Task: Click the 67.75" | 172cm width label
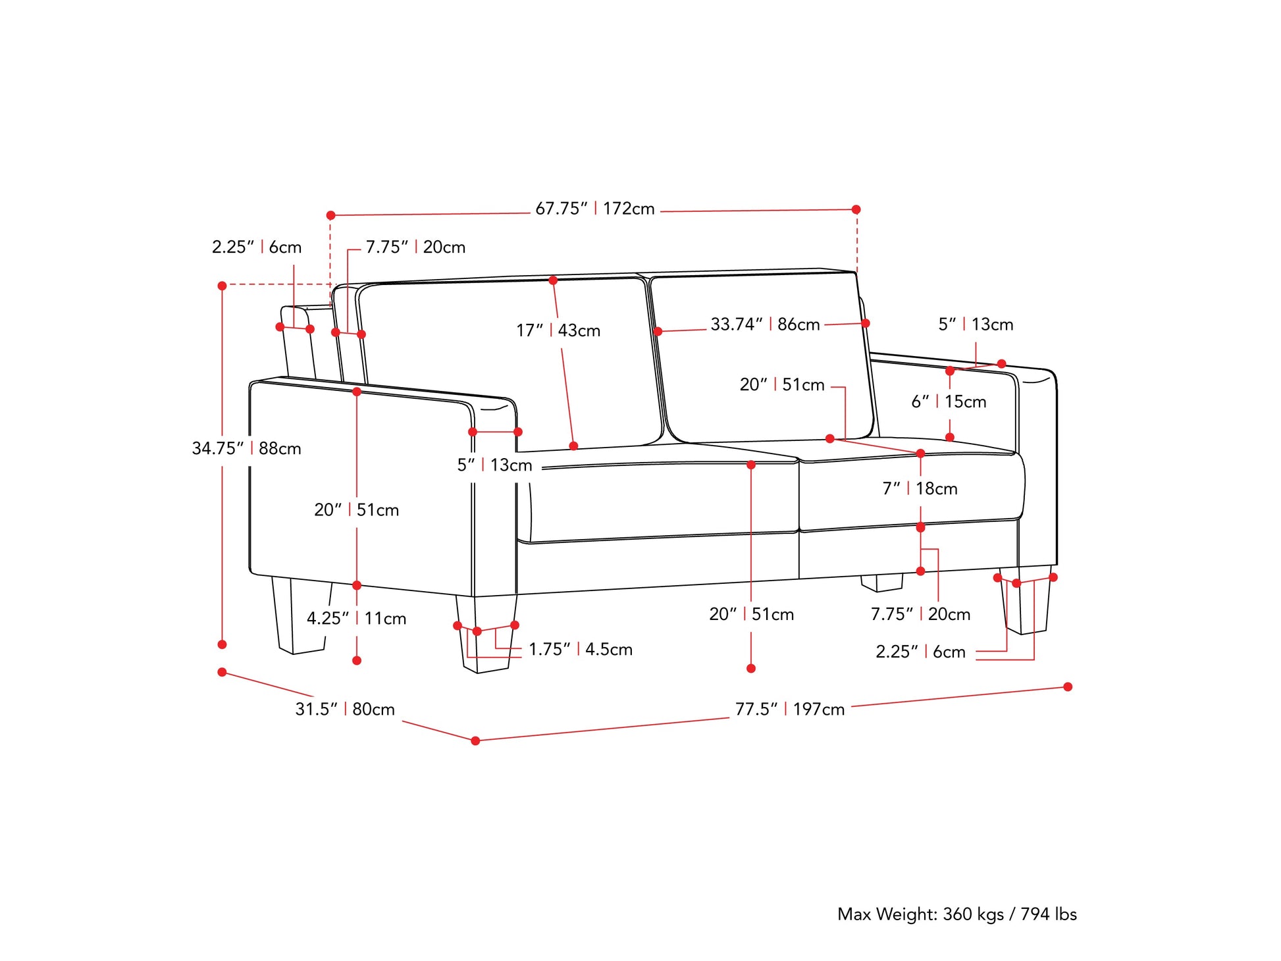(595, 209)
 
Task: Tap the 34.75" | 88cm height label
(247, 448)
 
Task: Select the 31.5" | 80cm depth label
(345, 709)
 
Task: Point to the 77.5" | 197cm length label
(790, 709)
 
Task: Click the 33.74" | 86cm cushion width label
(765, 324)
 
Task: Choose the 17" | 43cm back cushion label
(558, 330)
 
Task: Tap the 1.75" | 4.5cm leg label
(581, 649)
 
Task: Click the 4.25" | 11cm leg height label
(357, 618)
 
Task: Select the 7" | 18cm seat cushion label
(920, 488)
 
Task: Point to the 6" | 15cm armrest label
(949, 402)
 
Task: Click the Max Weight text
(957, 914)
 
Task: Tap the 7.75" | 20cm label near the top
(415, 247)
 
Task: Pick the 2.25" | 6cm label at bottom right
(920, 652)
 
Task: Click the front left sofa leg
(486, 633)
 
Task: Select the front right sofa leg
(1026, 600)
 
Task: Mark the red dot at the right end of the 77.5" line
(1068, 687)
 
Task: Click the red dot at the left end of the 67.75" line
(331, 215)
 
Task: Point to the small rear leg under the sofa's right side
(881, 583)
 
